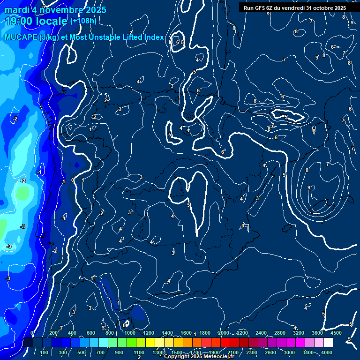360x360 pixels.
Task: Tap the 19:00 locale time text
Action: click(x=36, y=21)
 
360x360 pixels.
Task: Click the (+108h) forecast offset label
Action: click(x=83, y=21)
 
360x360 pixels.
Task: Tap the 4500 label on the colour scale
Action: click(x=336, y=333)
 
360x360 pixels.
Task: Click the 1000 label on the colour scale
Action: click(x=129, y=333)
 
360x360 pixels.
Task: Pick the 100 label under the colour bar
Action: click(x=45, y=352)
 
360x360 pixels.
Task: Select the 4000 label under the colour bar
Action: click(x=327, y=352)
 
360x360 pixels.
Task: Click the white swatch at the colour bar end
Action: click(x=341, y=343)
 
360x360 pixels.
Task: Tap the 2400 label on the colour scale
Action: click(x=261, y=333)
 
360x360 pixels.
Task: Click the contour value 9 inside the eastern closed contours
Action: click(x=308, y=187)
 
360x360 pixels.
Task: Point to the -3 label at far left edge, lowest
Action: click(x=7, y=279)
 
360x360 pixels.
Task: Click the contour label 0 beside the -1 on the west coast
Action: click(x=73, y=180)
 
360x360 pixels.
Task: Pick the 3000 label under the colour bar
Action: click(x=289, y=352)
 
